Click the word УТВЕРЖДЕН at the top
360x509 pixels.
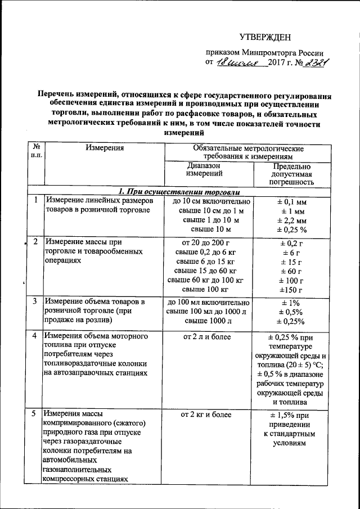[265, 38]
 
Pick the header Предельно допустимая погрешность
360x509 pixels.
[291, 174]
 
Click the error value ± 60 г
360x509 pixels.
[292, 271]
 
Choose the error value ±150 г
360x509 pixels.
[292, 290]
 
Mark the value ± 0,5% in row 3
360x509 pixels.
[292, 312]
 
